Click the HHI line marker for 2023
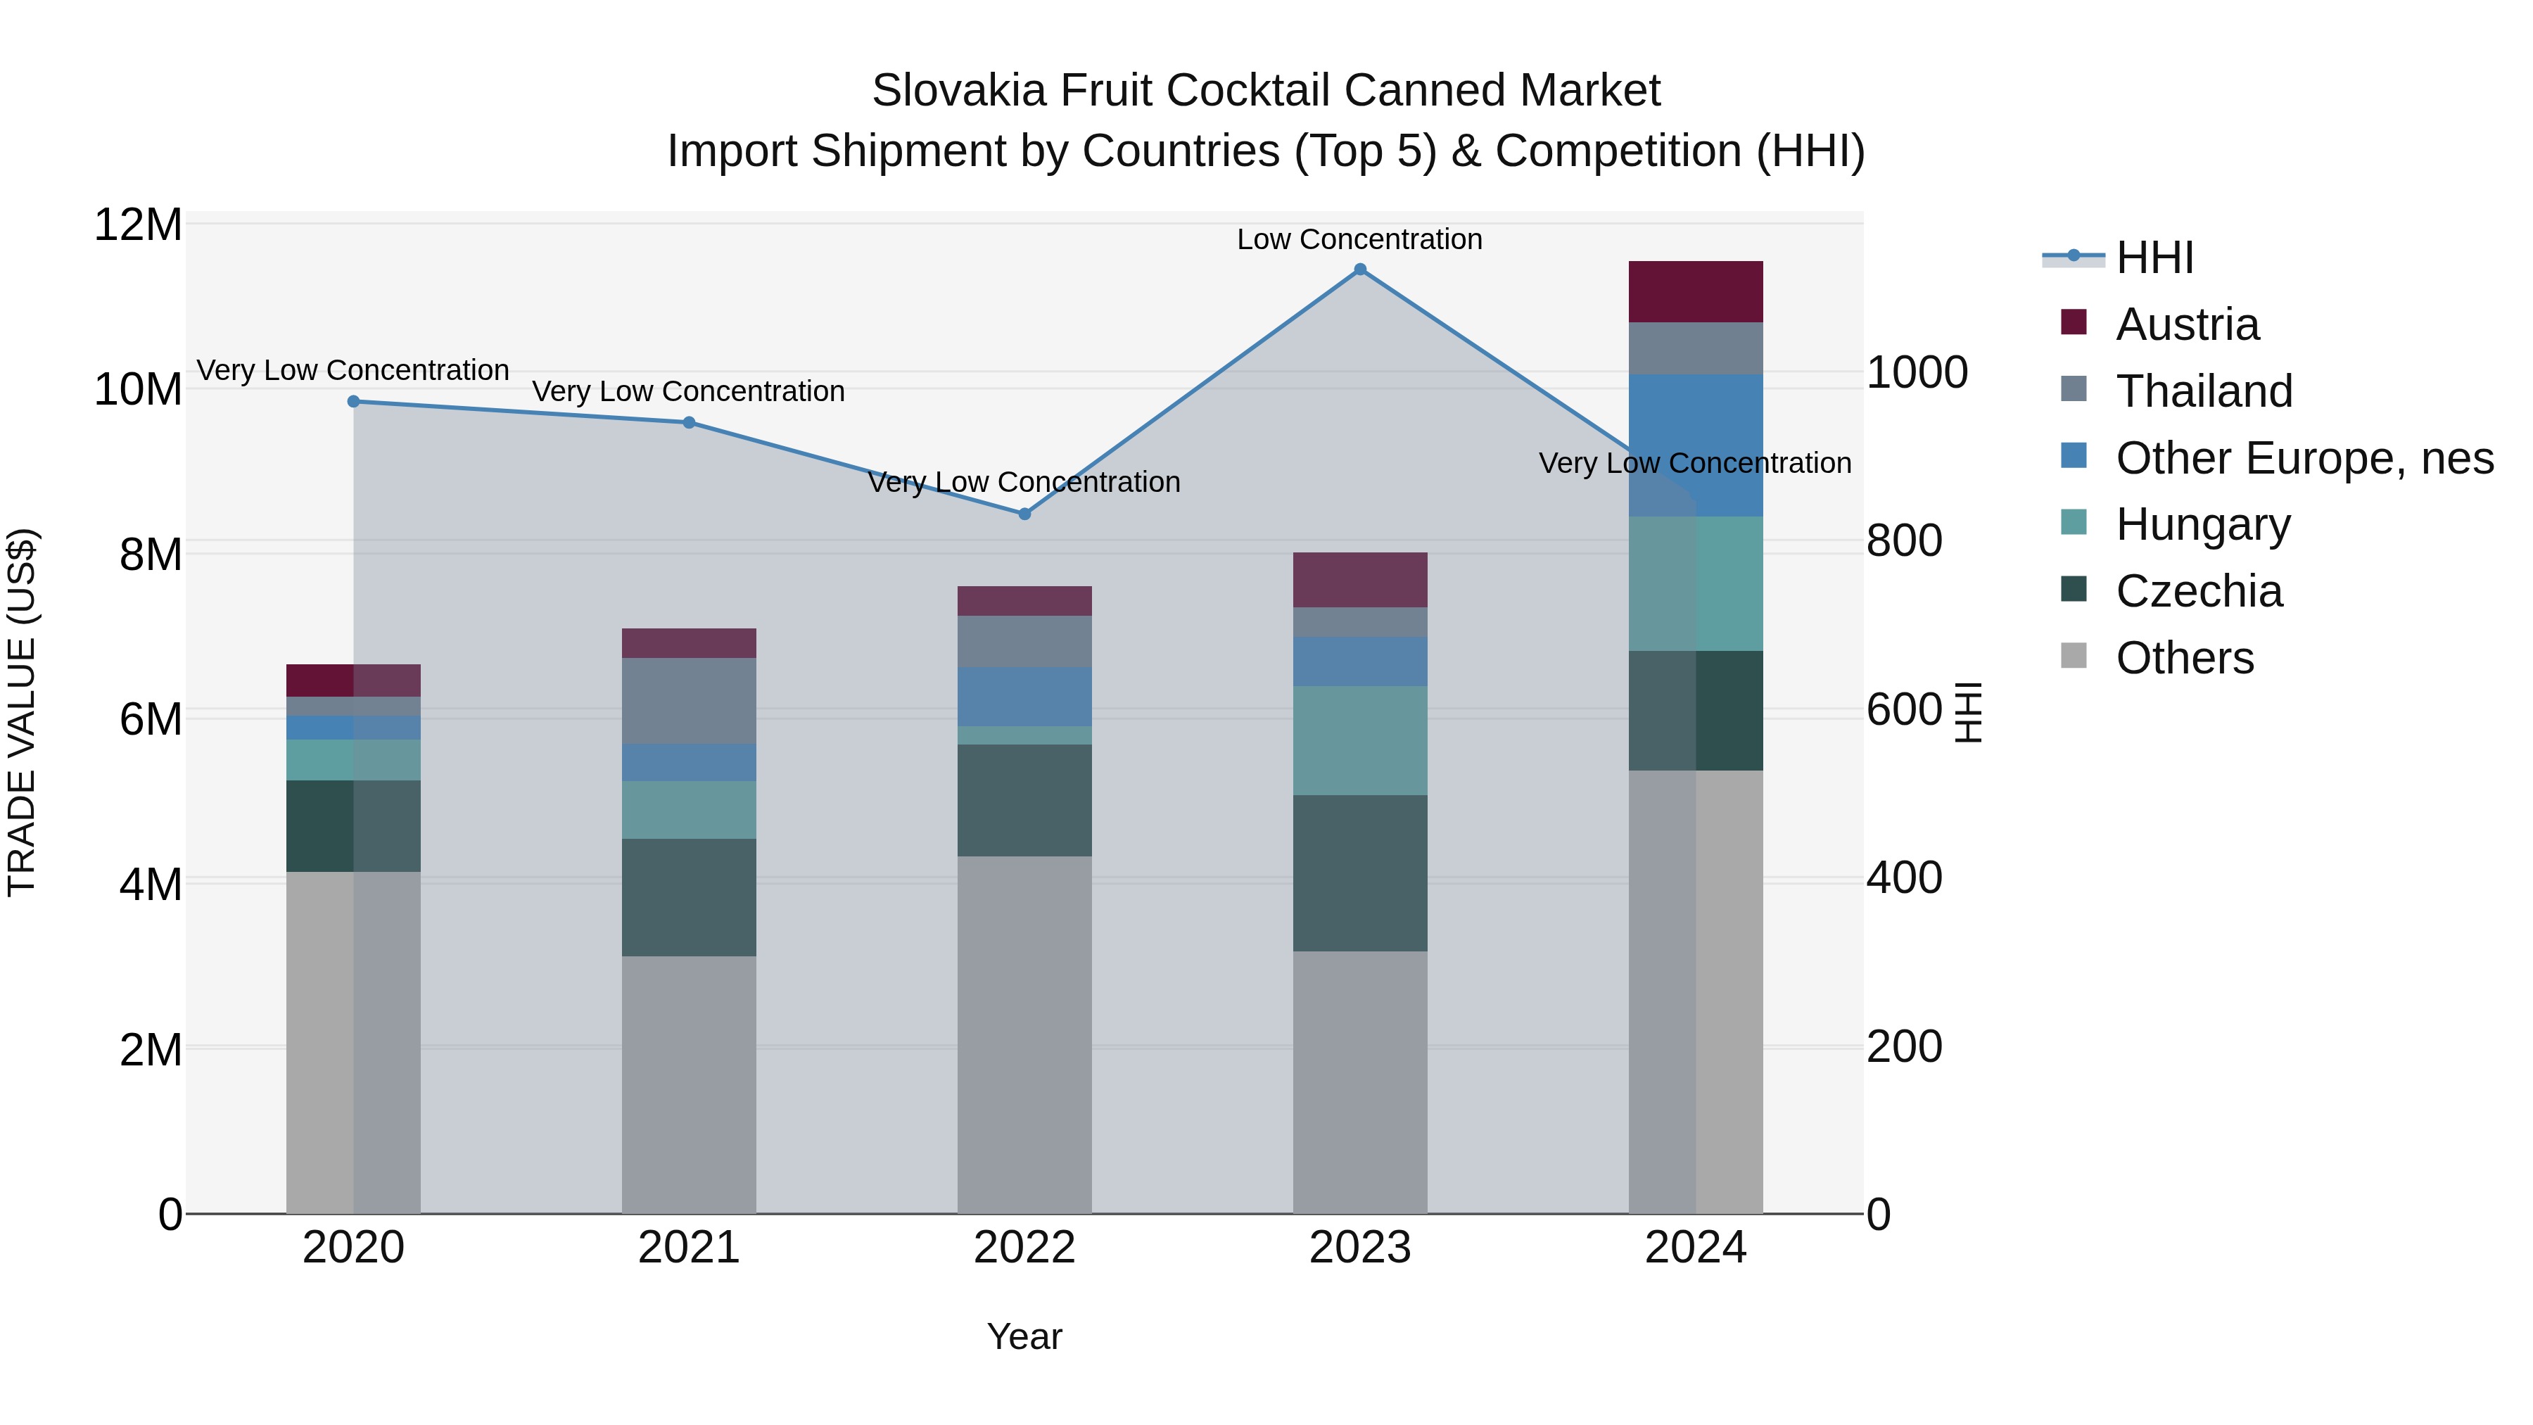coord(1360,270)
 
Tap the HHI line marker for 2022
coord(1024,514)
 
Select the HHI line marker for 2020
coord(354,401)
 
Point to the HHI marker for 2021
coord(690,423)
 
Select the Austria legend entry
coord(2187,324)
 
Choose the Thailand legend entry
coord(2204,391)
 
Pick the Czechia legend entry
coord(2199,592)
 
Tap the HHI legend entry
coord(2154,258)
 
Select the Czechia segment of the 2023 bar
coord(1360,873)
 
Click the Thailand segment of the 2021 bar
coord(690,700)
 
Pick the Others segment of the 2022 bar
coord(1024,1034)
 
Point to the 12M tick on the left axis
coord(138,225)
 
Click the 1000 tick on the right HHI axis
coord(1917,373)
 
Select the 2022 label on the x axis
coord(1024,1248)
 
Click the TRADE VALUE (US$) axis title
coord(22,712)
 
